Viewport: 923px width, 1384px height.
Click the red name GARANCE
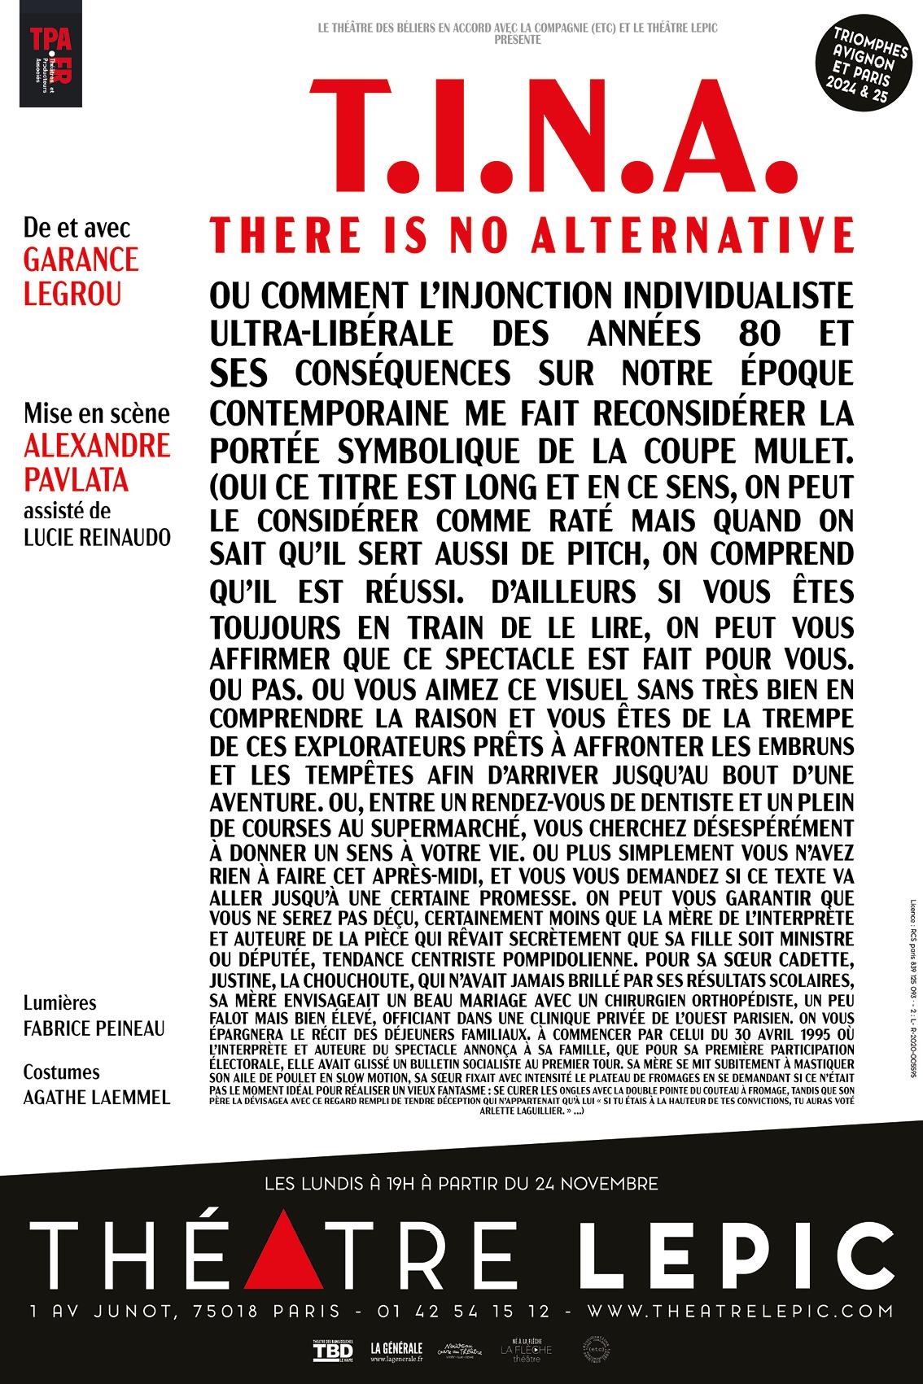click(81, 260)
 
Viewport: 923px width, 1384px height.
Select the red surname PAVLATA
click(77, 479)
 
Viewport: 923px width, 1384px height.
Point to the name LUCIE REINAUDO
click(97, 539)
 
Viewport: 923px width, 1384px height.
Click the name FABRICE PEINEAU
click(94, 1028)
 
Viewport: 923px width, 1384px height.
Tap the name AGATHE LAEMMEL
click(97, 1098)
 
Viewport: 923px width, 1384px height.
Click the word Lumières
click(59, 1003)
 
